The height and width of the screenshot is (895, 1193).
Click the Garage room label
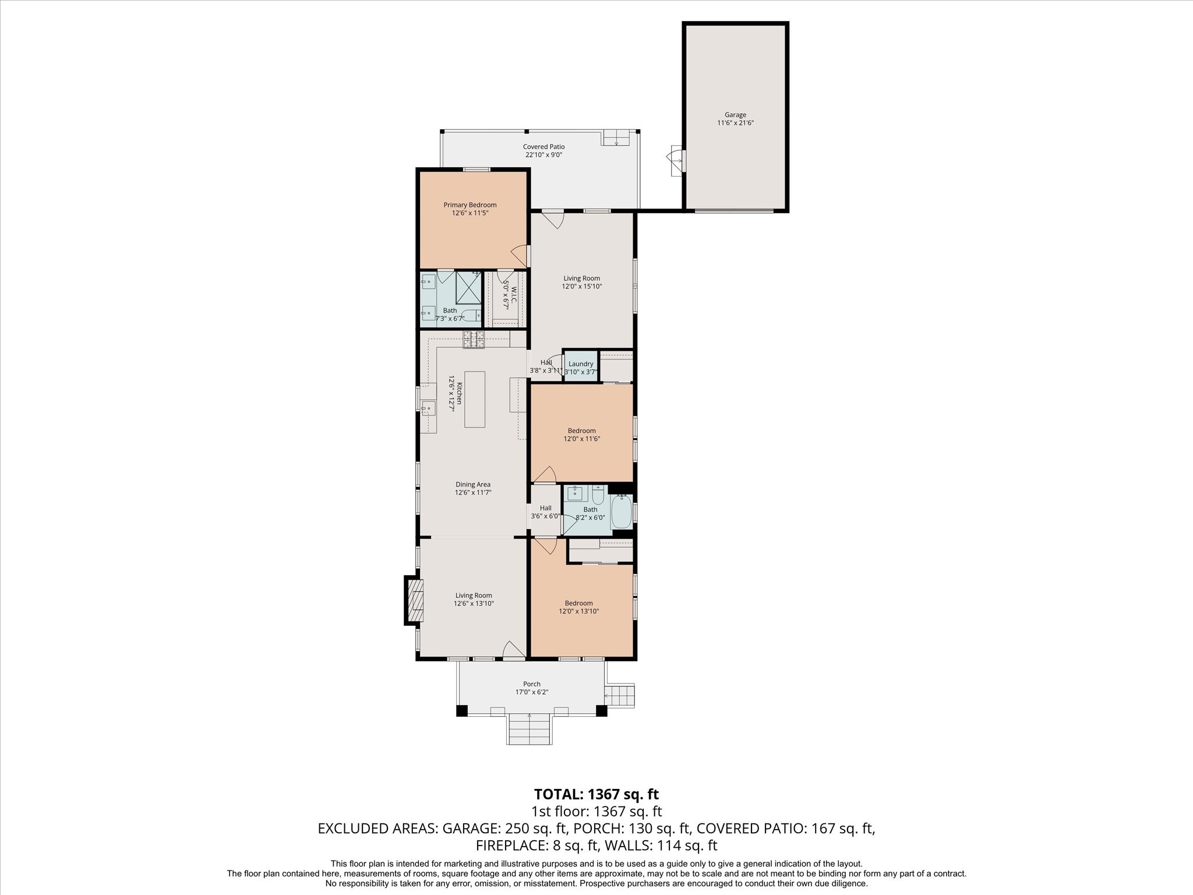pos(735,119)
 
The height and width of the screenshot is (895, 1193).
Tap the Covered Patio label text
pos(543,150)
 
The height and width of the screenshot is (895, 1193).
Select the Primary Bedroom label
pos(470,209)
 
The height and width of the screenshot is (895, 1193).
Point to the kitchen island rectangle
pos(474,399)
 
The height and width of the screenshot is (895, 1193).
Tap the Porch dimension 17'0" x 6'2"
pos(531,693)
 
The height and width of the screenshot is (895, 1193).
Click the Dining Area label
pos(472,488)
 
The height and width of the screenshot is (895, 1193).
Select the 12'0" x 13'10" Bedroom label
pos(578,607)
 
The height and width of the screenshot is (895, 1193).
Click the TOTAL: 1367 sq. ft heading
pos(596,794)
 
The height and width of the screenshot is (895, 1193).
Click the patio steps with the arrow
pos(616,138)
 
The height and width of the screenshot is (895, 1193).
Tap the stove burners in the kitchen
pos(474,339)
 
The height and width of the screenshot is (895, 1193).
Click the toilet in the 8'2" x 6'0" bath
pos(598,495)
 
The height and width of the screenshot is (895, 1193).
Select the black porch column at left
pos(461,711)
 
